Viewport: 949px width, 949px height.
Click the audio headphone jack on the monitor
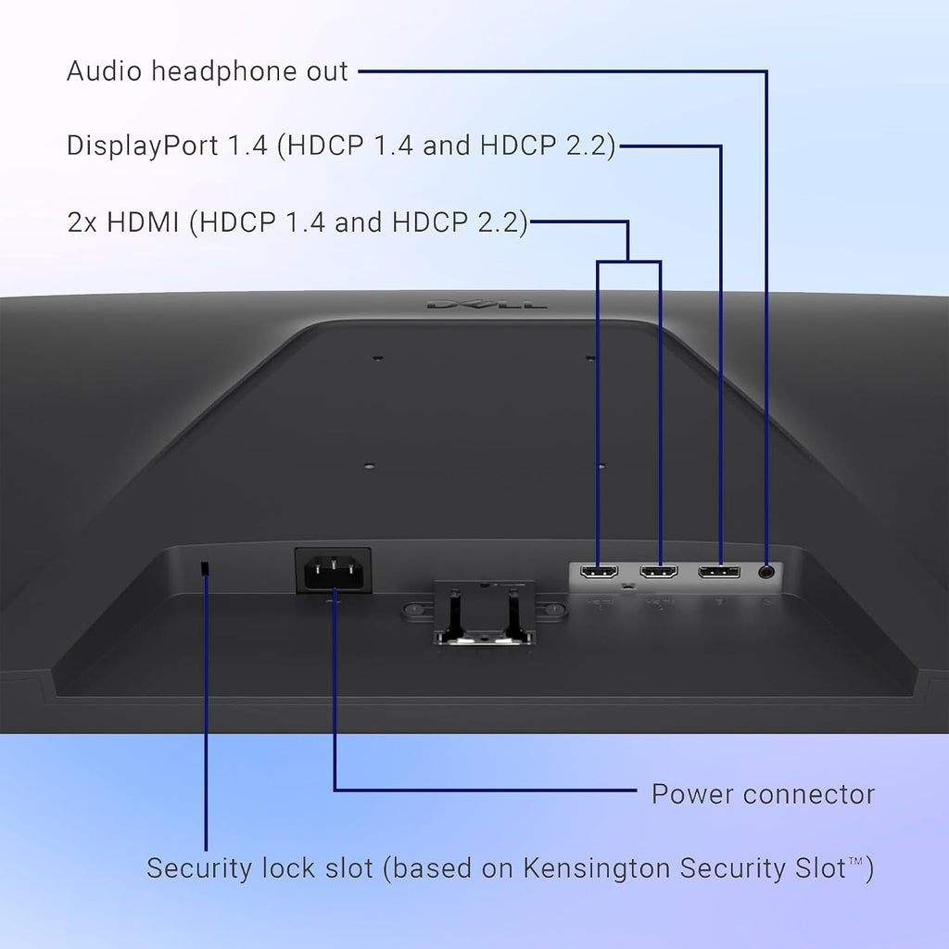(766, 572)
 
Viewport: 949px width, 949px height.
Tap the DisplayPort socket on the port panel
(719, 572)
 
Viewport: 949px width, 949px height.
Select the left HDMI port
(600, 572)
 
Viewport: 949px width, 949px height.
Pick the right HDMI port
(659, 572)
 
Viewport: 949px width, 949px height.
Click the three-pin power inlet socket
(333, 571)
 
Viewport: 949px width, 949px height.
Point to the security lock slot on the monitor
(205, 569)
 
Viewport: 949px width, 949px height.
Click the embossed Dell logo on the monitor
(487, 304)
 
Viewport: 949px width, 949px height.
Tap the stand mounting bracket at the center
(484, 613)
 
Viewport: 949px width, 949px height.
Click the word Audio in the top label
(104, 70)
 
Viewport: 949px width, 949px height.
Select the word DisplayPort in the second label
(142, 146)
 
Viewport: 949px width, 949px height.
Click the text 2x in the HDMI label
(82, 222)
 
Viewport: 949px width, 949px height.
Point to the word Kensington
(597, 869)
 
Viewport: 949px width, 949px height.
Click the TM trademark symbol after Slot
(855, 861)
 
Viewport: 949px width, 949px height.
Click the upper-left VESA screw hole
(378, 359)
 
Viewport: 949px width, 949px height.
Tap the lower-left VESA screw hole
(369, 466)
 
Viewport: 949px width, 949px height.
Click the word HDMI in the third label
(143, 222)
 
